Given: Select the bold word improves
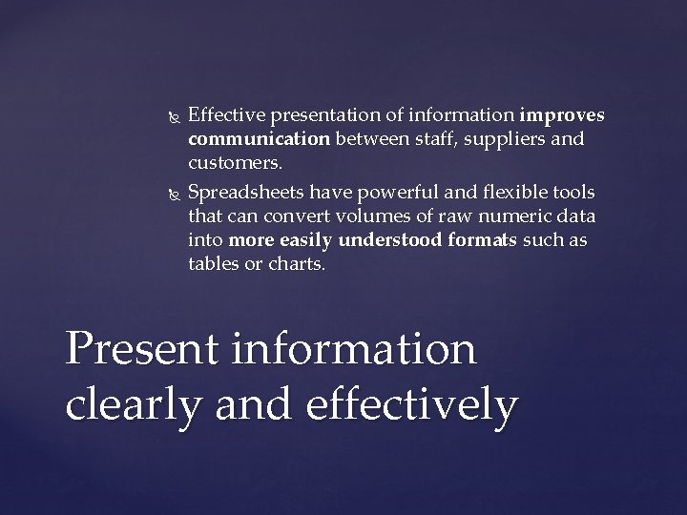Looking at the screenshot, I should [x=562, y=115].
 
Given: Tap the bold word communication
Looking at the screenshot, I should [x=259, y=139].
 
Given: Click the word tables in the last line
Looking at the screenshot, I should [x=214, y=264].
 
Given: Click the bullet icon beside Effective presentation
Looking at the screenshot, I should [x=170, y=117].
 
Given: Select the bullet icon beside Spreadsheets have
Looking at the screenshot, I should [x=170, y=194].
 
